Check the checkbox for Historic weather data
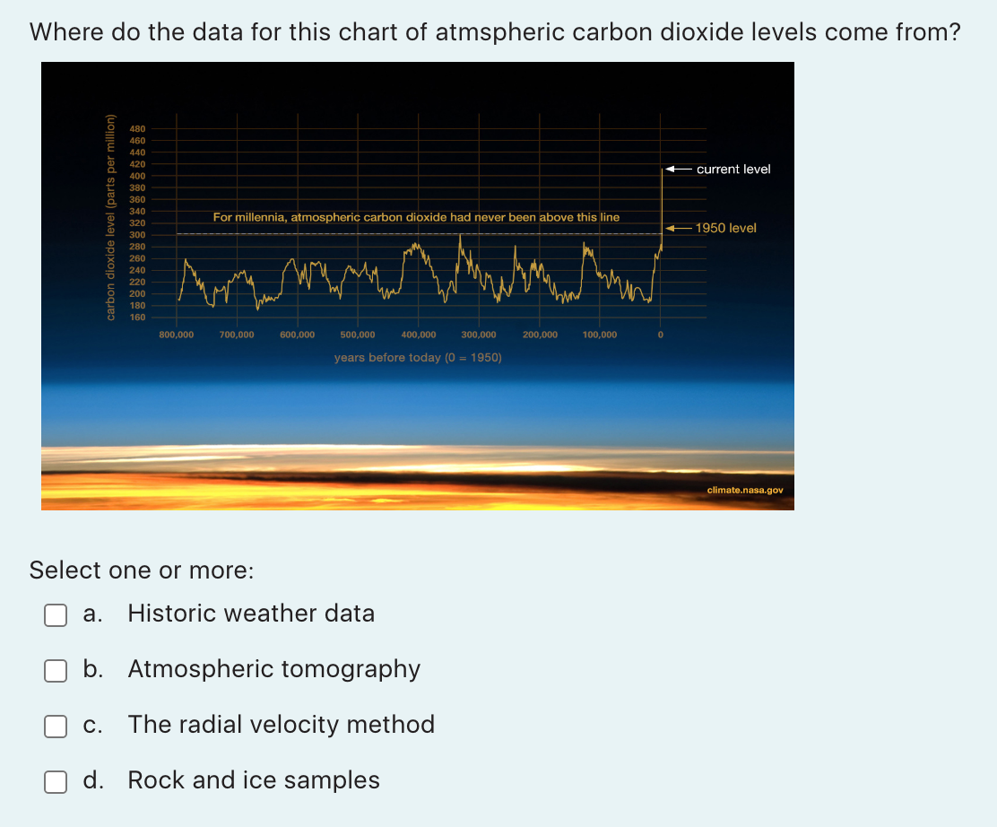click(x=56, y=614)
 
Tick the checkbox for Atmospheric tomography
click(x=56, y=670)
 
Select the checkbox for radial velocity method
click(x=56, y=726)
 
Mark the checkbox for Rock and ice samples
click(x=56, y=781)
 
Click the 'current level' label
click(x=733, y=170)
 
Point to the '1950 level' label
click(x=725, y=229)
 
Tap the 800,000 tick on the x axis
click(x=176, y=335)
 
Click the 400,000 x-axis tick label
click(x=419, y=335)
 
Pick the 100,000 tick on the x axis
click(x=600, y=335)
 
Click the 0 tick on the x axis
click(x=661, y=335)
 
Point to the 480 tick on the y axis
click(x=138, y=128)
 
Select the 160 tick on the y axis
click(x=138, y=318)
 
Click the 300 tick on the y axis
click(x=138, y=235)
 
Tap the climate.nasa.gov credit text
click(x=745, y=491)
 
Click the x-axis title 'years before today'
click(x=418, y=358)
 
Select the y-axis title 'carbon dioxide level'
click(x=111, y=218)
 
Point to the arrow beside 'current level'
click(x=678, y=170)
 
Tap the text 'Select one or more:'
click(x=142, y=570)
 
